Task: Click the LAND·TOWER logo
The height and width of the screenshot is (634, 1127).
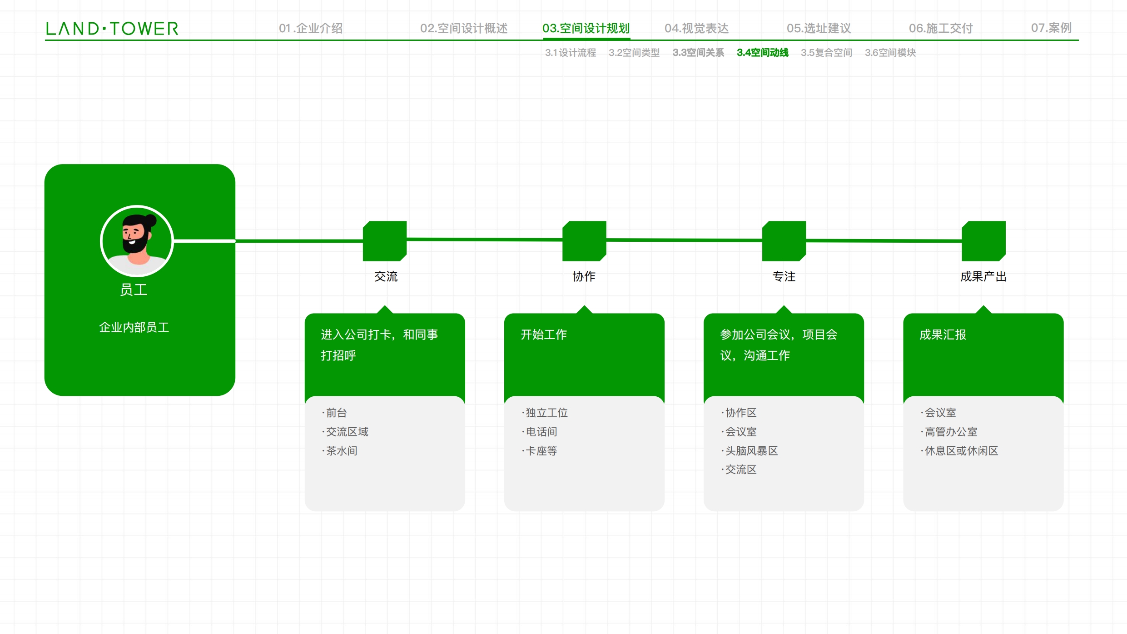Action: [x=112, y=29]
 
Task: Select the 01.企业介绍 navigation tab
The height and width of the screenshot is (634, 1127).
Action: [x=311, y=28]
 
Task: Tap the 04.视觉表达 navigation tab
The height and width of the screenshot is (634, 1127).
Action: [x=696, y=28]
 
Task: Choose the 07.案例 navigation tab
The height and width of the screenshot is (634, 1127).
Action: [x=1051, y=28]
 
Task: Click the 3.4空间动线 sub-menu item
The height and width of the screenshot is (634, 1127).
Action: [x=763, y=53]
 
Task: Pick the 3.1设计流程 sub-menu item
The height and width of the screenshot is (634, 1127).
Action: [x=571, y=53]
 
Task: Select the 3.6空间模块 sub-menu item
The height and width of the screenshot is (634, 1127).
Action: [x=890, y=53]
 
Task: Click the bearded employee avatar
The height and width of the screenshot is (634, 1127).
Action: [x=137, y=241]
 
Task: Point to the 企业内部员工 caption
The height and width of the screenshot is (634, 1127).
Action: [x=134, y=327]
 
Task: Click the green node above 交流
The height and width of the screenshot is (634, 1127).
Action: [x=385, y=241]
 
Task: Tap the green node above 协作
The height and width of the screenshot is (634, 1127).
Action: [x=584, y=241]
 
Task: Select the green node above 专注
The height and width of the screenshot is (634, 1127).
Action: [x=784, y=241]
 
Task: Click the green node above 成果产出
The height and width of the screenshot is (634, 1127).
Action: [x=983, y=241]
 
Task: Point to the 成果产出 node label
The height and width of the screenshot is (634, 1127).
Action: [x=983, y=276]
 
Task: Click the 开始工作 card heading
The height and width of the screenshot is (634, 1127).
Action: [x=544, y=334]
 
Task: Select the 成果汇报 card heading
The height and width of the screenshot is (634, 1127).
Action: [x=943, y=334]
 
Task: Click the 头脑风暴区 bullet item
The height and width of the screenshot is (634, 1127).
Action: [x=750, y=451]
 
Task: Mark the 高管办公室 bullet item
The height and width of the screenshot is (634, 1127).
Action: [x=949, y=432]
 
